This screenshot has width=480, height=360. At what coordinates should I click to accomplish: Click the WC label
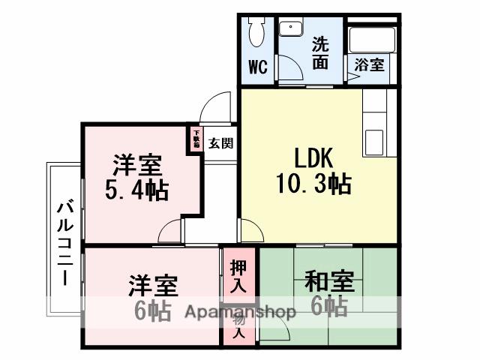pyautogui.click(x=258, y=67)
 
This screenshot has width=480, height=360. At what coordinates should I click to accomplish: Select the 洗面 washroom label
pyautogui.click(x=320, y=53)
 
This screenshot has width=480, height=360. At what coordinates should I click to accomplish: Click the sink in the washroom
pyautogui.click(x=289, y=29)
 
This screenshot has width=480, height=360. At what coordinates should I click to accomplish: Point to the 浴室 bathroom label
pyautogui.click(x=369, y=64)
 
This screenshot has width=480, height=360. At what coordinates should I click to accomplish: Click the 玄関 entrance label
pyautogui.click(x=220, y=142)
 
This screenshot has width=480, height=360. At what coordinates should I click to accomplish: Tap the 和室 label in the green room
pyautogui.click(x=328, y=283)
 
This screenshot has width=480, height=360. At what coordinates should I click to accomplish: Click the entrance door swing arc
pyautogui.click(x=217, y=105)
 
